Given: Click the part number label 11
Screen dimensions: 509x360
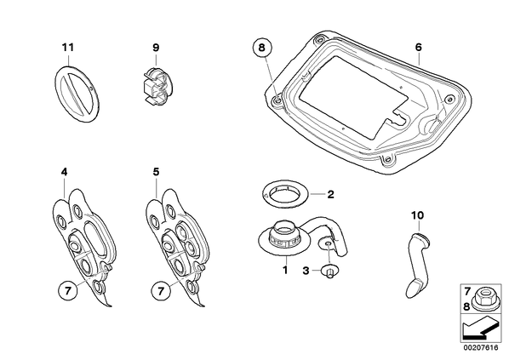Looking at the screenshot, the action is [x=68, y=48].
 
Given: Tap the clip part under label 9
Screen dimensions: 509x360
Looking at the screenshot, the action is [x=156, y=86].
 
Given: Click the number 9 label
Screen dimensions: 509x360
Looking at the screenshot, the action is [x=156, y=48].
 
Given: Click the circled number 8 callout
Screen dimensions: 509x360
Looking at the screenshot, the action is [x=262, y=48].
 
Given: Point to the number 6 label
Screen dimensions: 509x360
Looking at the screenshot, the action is [x=419, y=48].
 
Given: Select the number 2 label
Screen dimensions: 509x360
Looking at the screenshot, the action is [x=330, y=194].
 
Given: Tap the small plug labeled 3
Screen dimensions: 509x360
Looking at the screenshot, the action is [x=329, y=271].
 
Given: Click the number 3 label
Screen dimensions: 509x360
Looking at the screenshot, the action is [x=306, y=271].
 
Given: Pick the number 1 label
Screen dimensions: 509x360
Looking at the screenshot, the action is [x=285, y=270].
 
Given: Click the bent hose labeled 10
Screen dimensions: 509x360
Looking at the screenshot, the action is [x=418, y=265].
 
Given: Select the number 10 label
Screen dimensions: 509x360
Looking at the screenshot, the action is [x=417, y=215].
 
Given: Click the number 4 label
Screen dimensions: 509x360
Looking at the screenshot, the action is [x=65, y=172].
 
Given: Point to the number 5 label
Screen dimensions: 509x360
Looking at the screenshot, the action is [x=157, y=172].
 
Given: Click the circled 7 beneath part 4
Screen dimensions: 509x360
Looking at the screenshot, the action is [x=68, y=291].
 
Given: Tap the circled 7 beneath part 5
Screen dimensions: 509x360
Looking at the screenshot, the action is [x=161, y=291].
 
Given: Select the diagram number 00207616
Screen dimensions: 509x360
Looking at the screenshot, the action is [x=480, y=348].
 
